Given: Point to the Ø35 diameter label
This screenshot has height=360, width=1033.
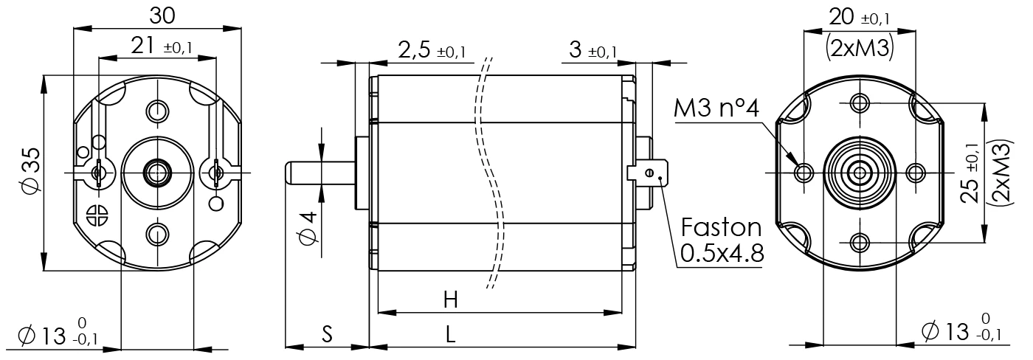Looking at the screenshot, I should pyautogui.click(x=30, y=172).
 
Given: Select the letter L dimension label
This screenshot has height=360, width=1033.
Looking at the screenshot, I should pyautogui.click(x=451, y=334).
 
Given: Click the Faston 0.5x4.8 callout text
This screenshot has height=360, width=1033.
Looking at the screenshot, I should pyautogui.click(x=721, y=239).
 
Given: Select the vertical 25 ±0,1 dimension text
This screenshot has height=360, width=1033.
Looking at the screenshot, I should pyautogui.click(x=972, y=173).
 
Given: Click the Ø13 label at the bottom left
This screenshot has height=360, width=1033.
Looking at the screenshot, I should pyautogui.click(x=66, y=336).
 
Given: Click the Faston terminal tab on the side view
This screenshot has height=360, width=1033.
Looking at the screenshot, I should pyautogui.click(x=649, y=173).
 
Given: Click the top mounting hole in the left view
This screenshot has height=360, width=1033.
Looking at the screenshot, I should pyautogui.click(x=156, y=111).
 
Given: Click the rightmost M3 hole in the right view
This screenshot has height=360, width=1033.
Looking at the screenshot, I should pyautogui.click(x=915, y=173).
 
